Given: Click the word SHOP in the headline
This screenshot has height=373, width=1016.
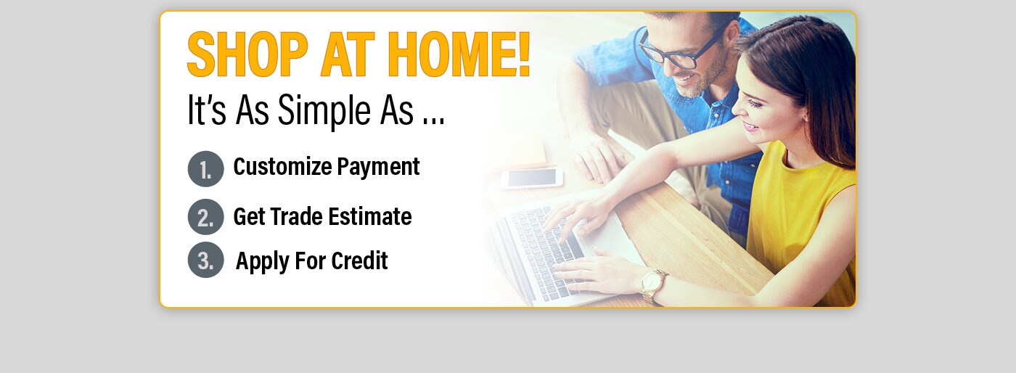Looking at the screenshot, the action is tap(247, 54).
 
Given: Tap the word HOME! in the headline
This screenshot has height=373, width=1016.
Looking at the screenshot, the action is tap(459, 54).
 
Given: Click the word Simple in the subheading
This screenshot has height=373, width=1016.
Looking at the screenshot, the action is tap(324, 111).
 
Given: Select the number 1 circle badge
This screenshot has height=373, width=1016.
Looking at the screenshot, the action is tap(206, 169).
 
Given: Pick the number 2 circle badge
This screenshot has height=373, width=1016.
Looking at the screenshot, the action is tap(206, 217).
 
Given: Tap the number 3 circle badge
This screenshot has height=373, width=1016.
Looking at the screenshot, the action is tap(206, 260).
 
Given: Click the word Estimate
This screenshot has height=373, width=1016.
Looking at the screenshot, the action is tap(370, 216).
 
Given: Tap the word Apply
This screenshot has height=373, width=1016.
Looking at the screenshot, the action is tap(263, 262).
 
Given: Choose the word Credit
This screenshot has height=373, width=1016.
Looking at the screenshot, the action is tap(359, 261).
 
